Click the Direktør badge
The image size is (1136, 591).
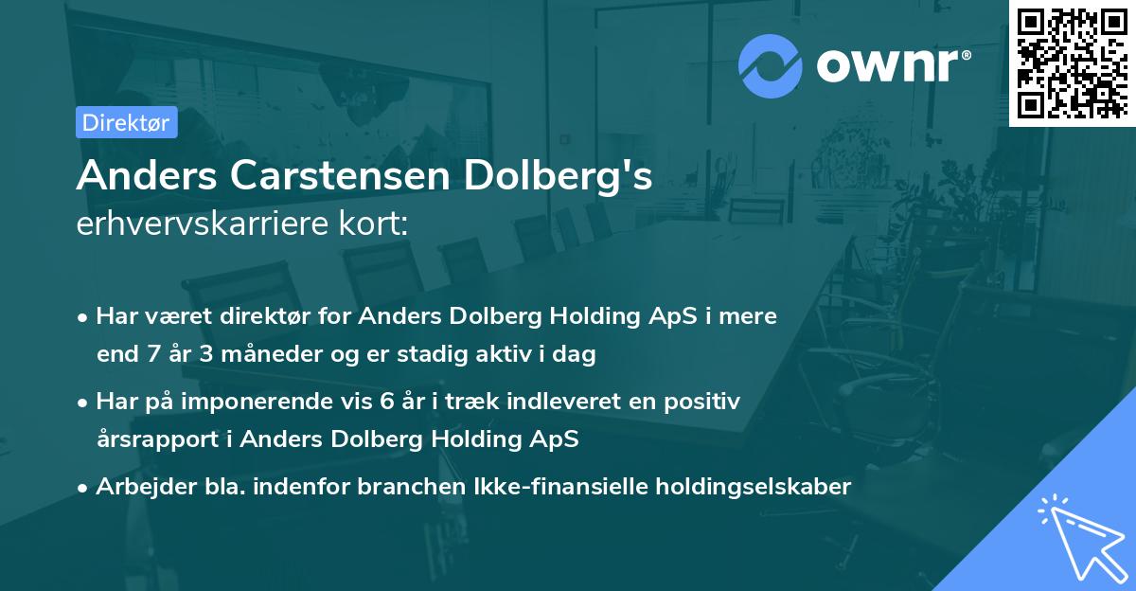(126, 122)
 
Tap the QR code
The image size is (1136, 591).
(1072, 63)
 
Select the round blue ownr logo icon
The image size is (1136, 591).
(771, 64)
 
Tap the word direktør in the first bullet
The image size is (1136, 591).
(249, 317)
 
